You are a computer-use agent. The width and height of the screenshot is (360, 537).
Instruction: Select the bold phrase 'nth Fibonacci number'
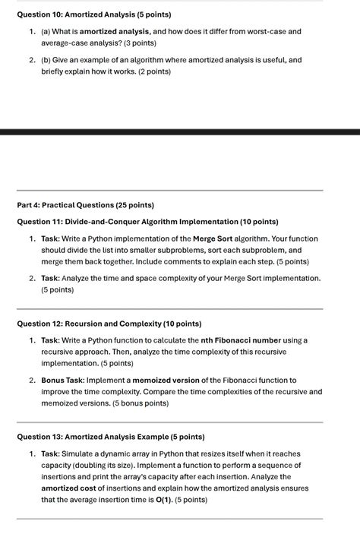(243, 340)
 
